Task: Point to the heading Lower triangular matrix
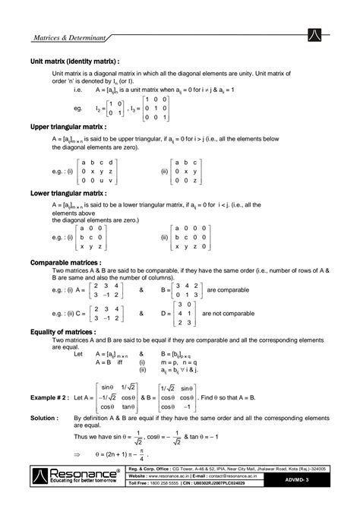pos(68,194)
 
